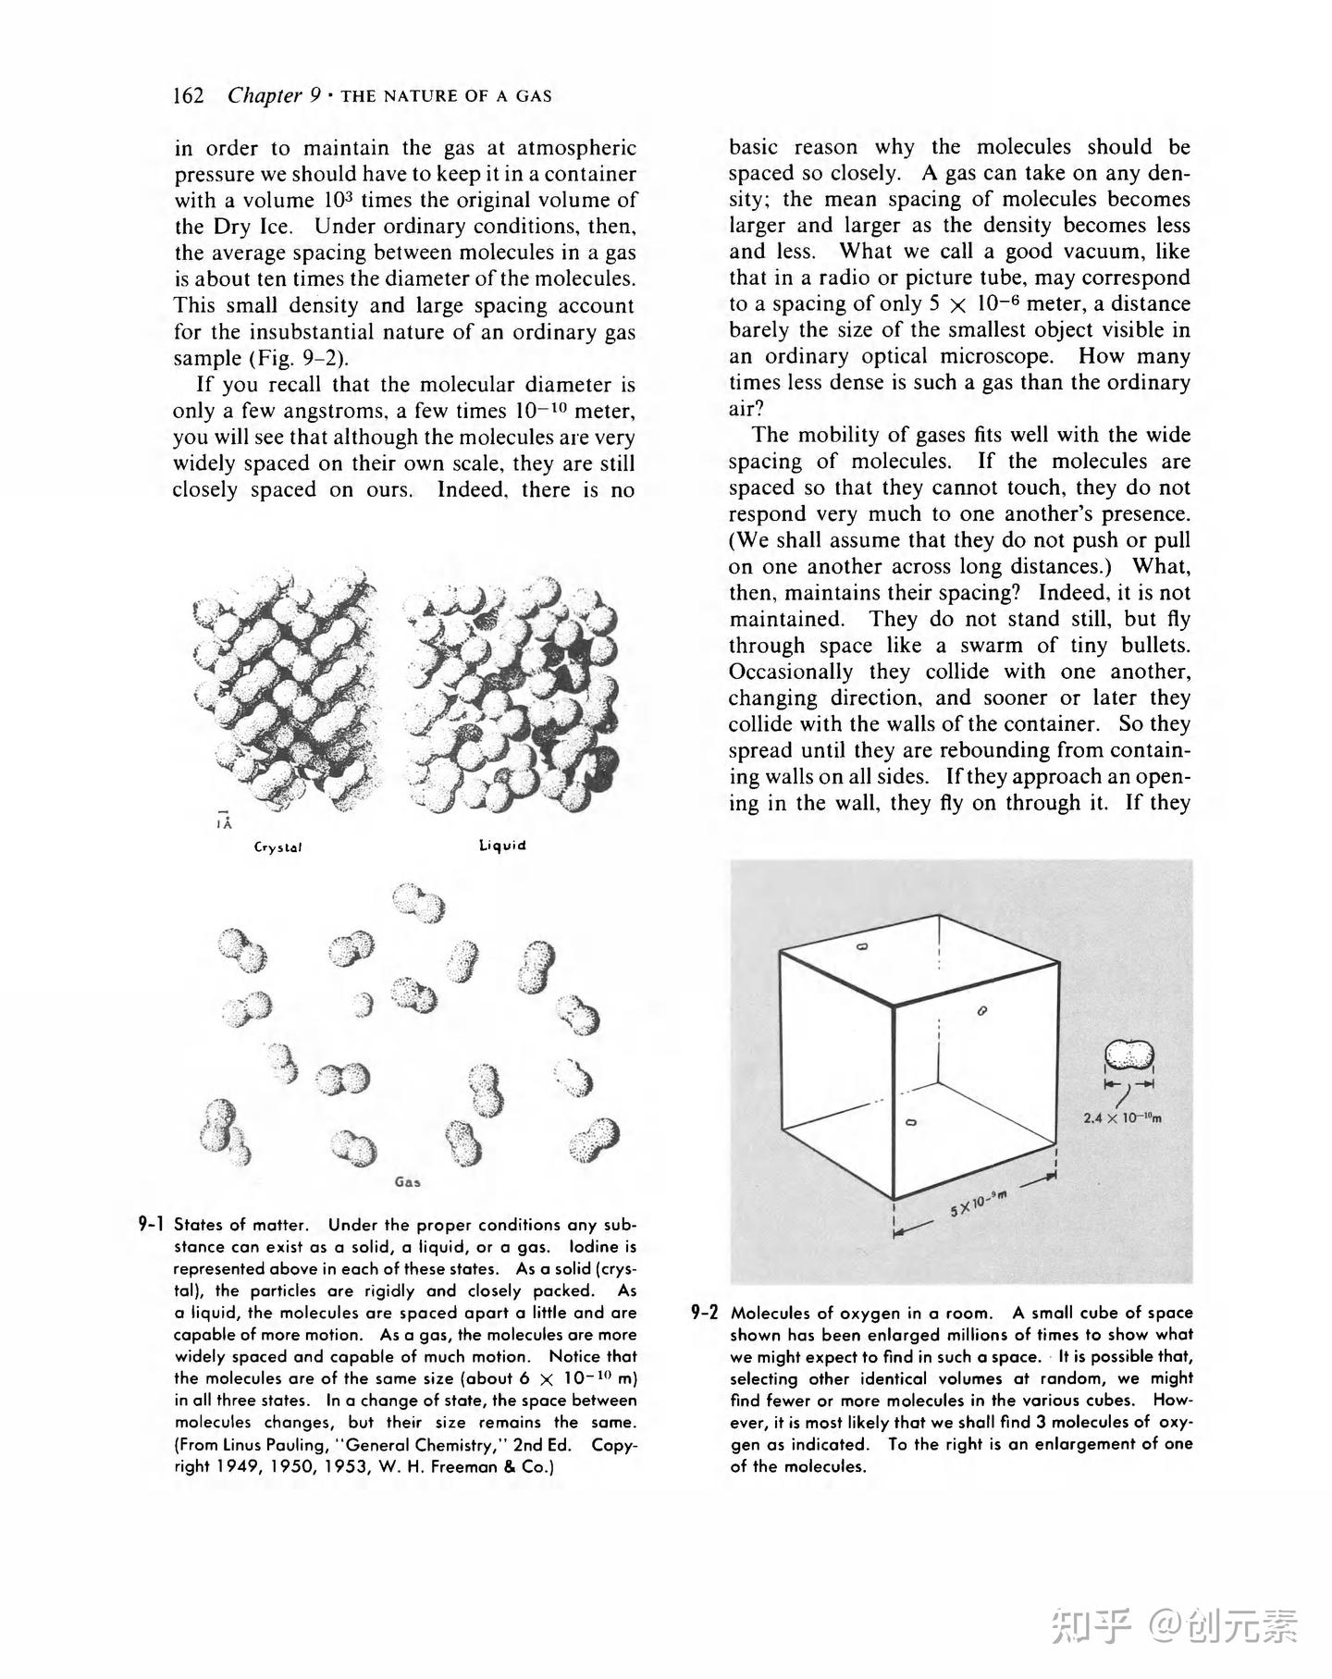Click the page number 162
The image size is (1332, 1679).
point(188,96)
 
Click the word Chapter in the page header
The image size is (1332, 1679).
point(265,96)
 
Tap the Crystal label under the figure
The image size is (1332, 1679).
point(278,846)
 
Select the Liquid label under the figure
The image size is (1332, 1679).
point(502,845)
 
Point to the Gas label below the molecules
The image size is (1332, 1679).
point(407,1181)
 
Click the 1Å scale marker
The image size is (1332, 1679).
point(222,820)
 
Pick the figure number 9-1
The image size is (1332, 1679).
point(151,1224)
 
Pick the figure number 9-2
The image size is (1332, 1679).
point(705,1312)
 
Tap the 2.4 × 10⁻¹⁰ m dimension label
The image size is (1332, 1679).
point(1122,1117)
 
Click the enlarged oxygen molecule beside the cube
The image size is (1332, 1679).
point(1129,1055)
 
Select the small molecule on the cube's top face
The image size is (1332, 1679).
point(861,946)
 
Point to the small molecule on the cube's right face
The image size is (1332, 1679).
point(982,1011)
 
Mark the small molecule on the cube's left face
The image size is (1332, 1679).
point(910,1122)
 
